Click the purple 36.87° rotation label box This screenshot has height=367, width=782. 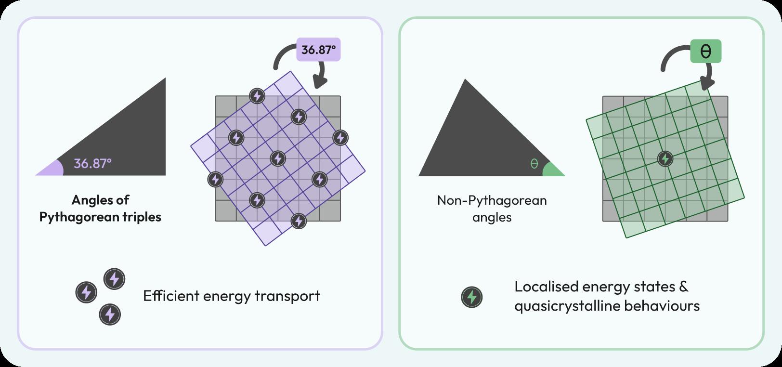click(x=318, y=50)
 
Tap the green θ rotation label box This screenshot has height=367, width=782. click(x=705, y=51)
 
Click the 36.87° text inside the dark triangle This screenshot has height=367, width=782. click(x=92, y=164)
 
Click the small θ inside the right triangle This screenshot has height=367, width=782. click(x=534, y=164)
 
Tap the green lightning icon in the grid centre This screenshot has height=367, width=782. click(x=665, y=158)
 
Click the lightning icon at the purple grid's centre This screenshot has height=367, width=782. click(x=278, y=158)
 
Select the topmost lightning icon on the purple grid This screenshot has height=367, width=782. click(x=257, y=96)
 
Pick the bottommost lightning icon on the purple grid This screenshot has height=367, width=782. click(x=299, y=221)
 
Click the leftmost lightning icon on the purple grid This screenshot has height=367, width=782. click(x=215, y=179)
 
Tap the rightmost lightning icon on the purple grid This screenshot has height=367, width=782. click(x=340, y=138)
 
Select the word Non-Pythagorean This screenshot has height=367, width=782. click(x=492, y=200)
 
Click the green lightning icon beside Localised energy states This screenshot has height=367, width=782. click(x=472, y=297)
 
